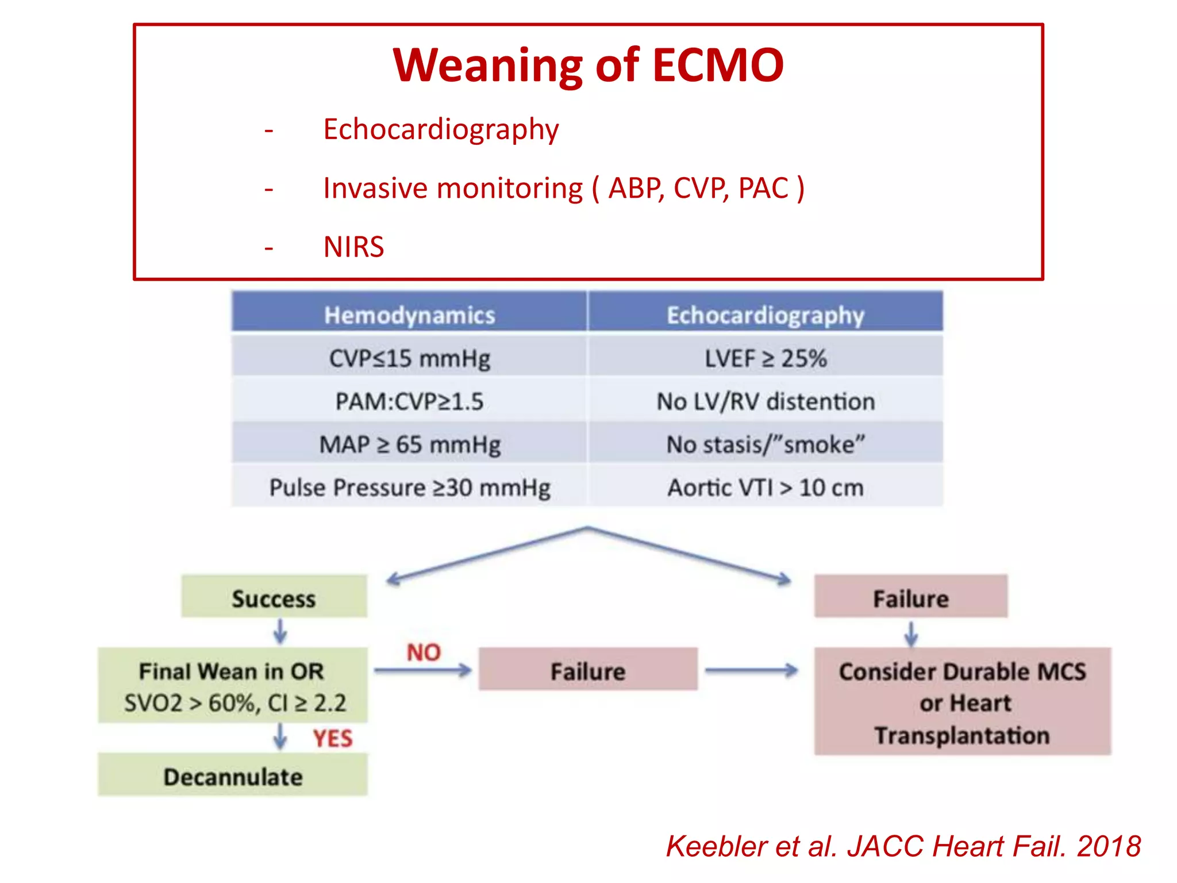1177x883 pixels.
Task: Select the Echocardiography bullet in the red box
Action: [x=440, y=129]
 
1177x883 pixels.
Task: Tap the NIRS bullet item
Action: [x=353, y=247]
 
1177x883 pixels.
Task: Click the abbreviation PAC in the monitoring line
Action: [x=763, y=189]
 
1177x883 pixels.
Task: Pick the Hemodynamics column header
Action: [x=409, y=315]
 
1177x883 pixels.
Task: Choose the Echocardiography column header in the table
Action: [x=765, y=315]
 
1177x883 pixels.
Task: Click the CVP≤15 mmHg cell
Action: [x=409, y=359]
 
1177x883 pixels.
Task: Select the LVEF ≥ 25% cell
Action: [x=765, y=359]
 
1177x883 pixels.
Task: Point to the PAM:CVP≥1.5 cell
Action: [x=409, y=401]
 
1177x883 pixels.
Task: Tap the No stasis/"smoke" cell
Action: [x=765, y=444]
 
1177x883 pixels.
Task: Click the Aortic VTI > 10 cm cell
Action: [x=765, y=487]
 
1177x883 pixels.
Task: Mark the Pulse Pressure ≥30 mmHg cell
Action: [x=409, y=487]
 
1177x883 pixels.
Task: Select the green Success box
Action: [x=274, y=598]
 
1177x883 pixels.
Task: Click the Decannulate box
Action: [x=233, y=776]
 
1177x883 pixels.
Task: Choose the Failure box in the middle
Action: [x=587, y=670]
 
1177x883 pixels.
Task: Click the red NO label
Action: [x=424, y=652]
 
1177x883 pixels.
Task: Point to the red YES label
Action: [x=332, y=739]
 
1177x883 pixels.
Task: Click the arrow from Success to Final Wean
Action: [x=280, y=632]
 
